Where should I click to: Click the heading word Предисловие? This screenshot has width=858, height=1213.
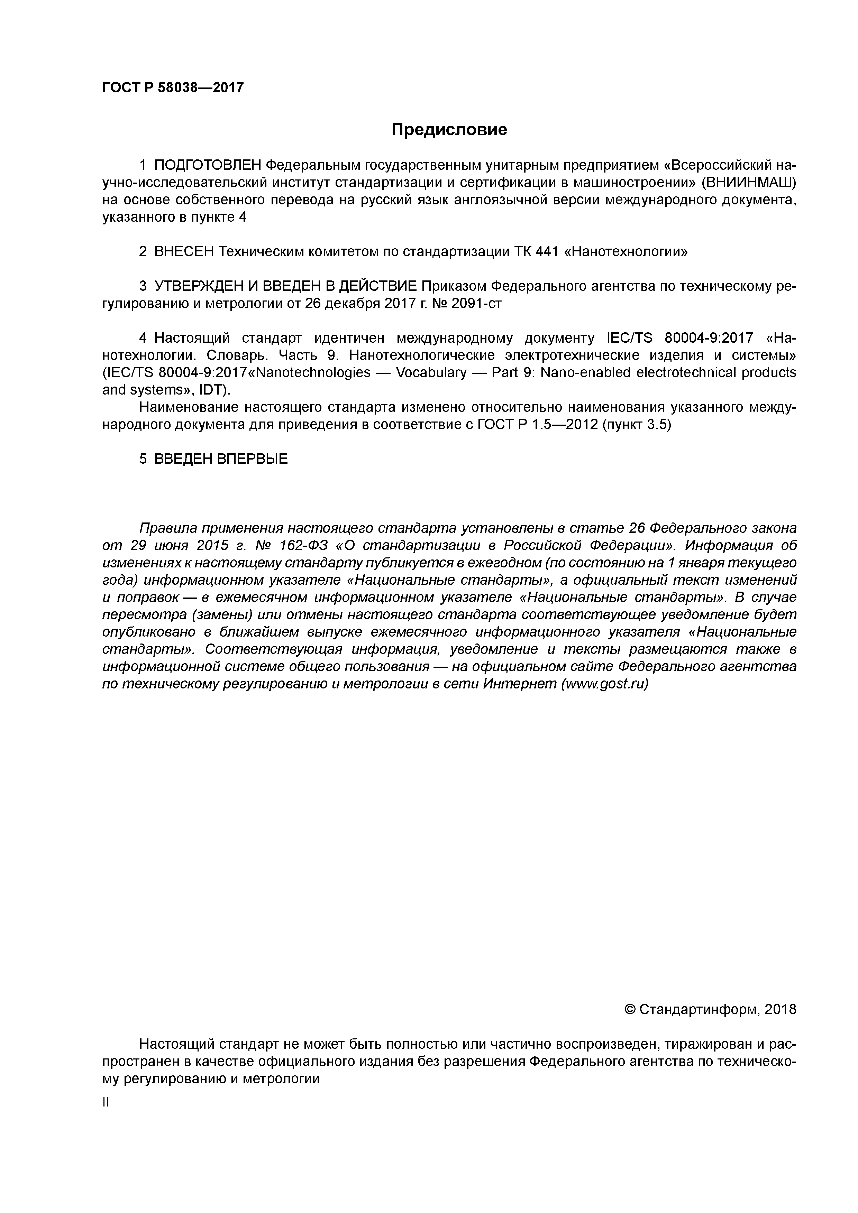(x=449, y=129)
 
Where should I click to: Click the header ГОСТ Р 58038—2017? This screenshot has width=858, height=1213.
(x=173, y=87)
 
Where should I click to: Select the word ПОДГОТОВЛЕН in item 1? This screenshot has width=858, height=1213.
(x=208, y=165)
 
